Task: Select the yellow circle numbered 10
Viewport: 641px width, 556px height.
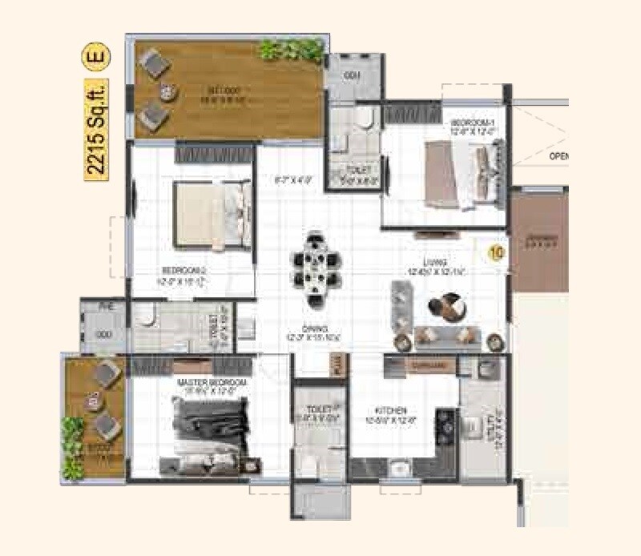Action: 497,252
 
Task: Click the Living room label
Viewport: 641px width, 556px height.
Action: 436,267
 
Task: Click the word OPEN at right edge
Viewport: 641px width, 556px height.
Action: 558,157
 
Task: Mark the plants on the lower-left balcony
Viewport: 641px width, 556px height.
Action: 73,449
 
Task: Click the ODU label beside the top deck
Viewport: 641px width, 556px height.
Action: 352,75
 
